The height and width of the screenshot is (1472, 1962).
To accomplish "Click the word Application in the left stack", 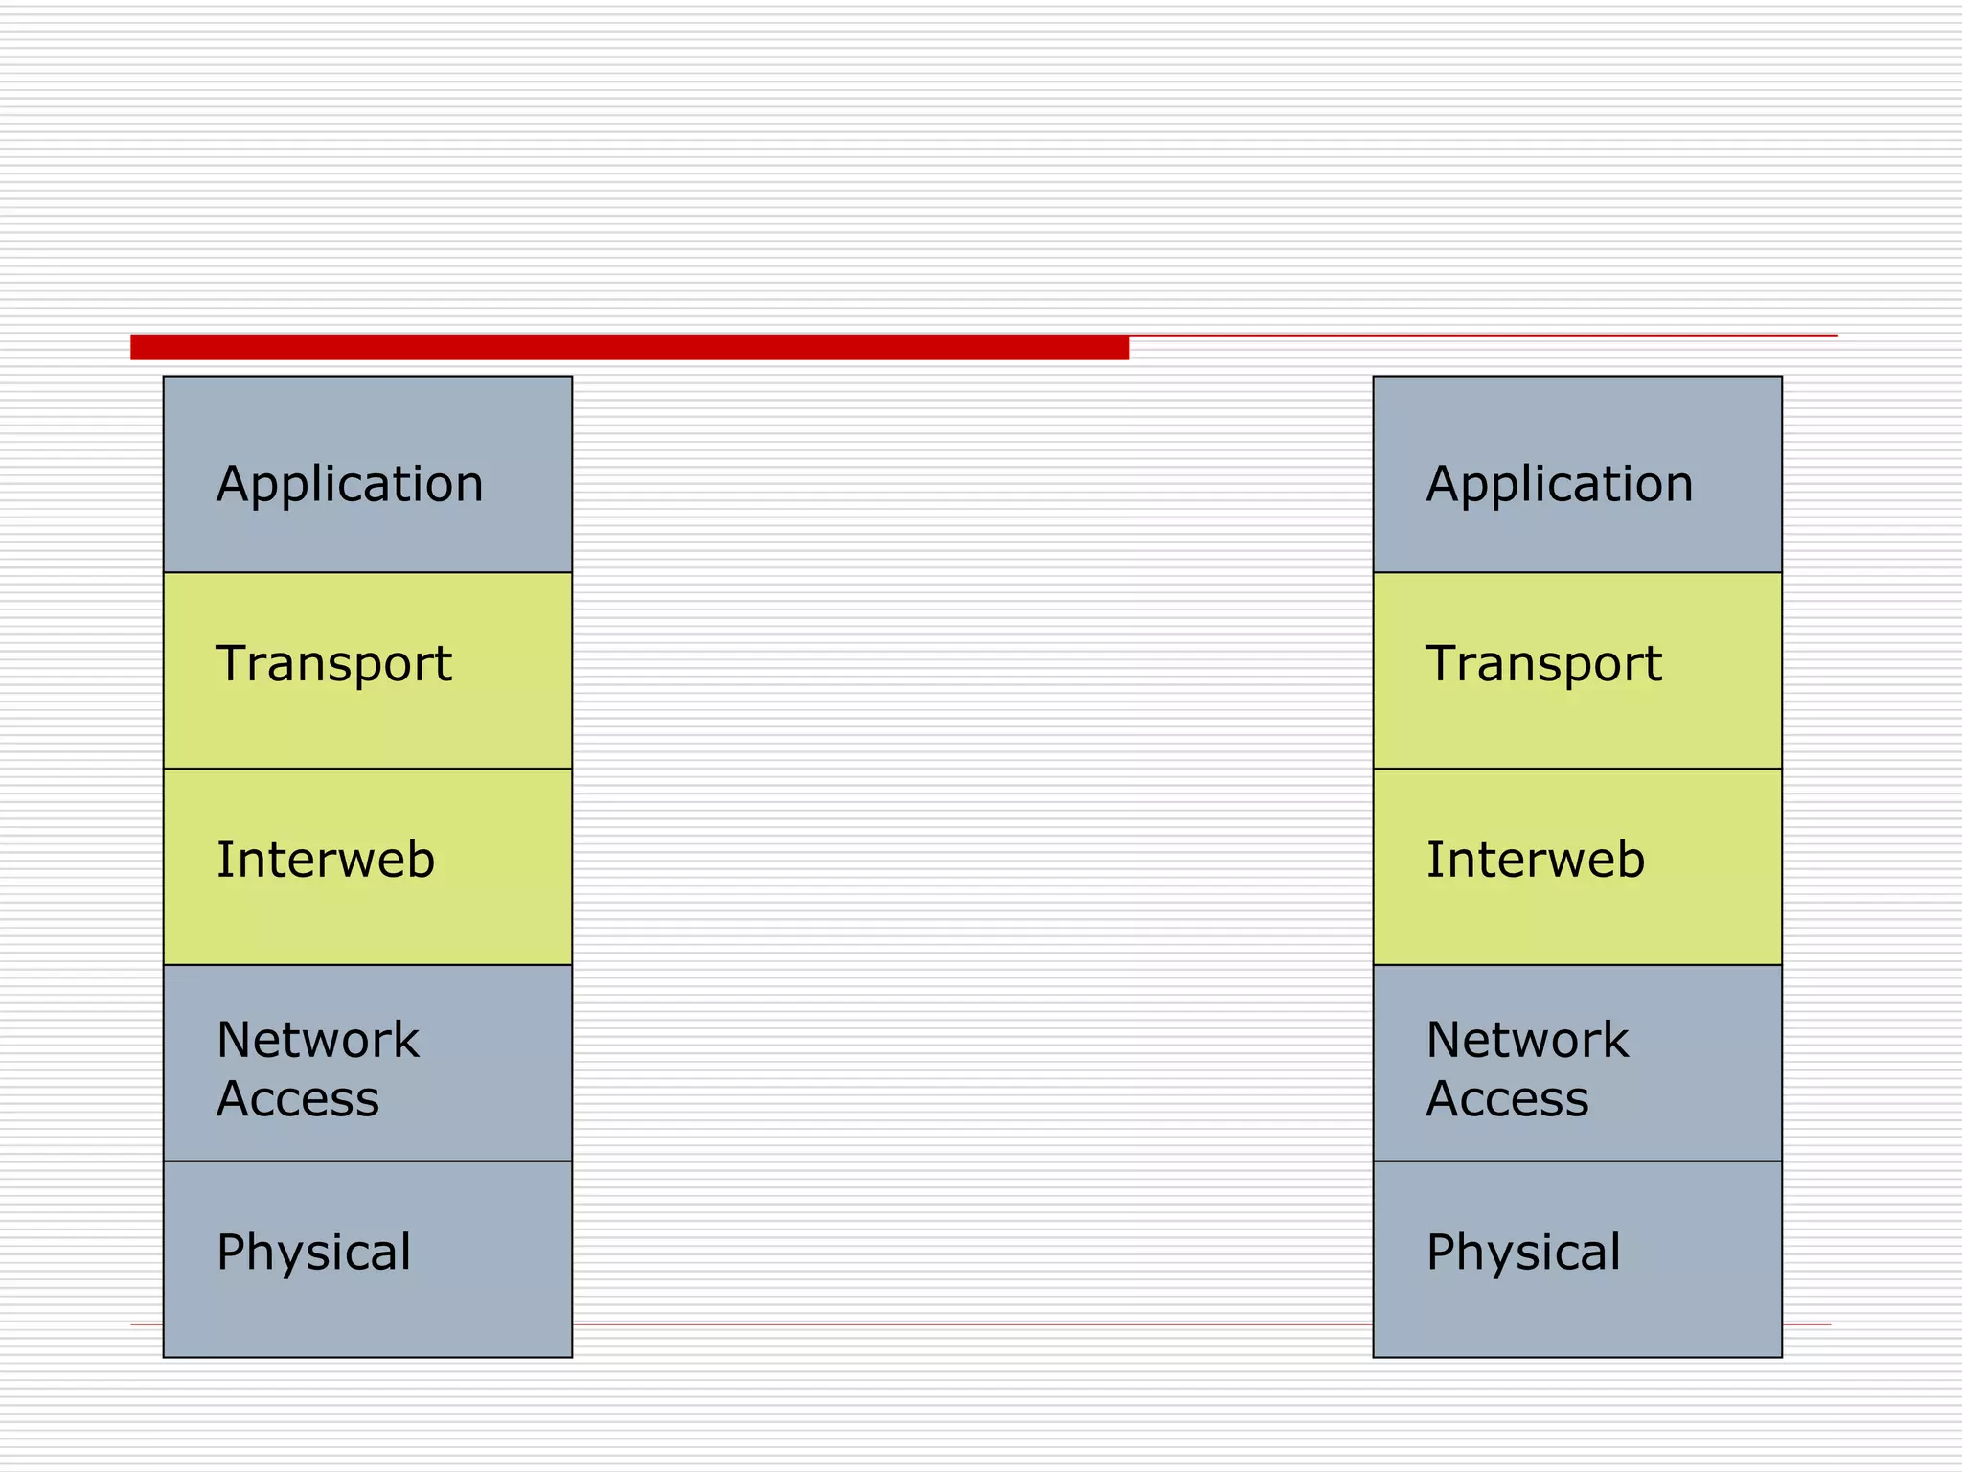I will (x=350, y=484).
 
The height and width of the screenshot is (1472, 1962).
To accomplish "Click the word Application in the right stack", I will (x=1559, y=484).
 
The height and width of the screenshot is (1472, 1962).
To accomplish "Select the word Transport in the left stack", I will (x=333, y=663).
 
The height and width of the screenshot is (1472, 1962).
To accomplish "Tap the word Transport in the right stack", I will (x=1543, y=663).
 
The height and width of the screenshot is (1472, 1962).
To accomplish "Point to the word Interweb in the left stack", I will (x=326, y=860).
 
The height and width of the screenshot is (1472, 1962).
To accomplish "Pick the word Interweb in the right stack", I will (x=1535, y=860).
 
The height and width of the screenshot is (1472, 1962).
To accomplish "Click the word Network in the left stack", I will (x=317, y=1040).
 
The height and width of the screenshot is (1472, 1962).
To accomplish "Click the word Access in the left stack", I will (x=298, y=1098).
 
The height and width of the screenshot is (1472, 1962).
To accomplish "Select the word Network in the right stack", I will (x=1527, y=1040).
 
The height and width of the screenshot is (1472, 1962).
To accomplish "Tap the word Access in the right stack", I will (x=1507, y=1098).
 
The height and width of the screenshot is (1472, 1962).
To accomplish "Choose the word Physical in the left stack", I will (x=313, y=1253).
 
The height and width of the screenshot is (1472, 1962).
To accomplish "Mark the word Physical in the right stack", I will (x=1523, y=1253).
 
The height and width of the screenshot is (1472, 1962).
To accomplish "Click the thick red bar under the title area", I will (x=629, y=348).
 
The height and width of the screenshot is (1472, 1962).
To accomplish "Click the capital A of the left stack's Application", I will (x=233, y=483).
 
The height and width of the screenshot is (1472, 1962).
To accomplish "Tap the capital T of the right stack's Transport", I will (x=1443, y=663).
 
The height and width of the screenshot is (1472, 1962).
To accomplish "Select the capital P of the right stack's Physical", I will (x=1443, y=1252).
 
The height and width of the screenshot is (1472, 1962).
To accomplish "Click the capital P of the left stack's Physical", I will (x=233, y=1252).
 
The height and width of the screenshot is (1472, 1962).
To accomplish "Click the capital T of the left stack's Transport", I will (x=233, y=663).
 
